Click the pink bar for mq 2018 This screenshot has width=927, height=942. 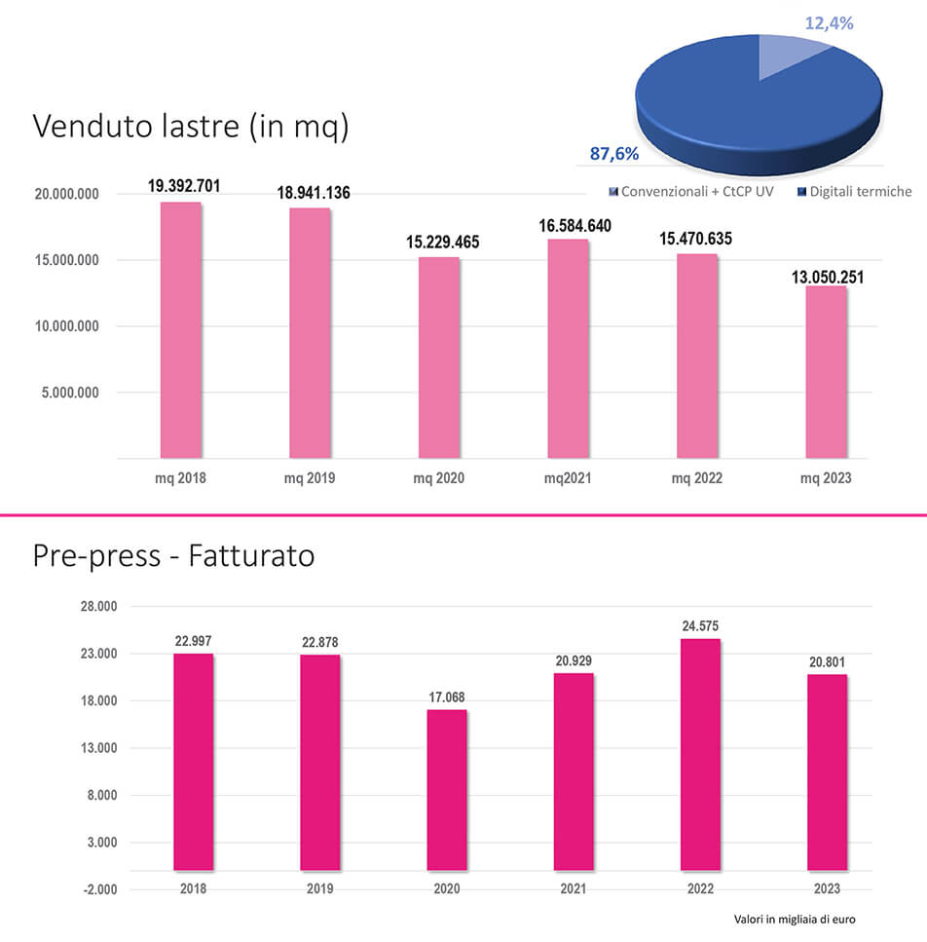tap(181, 329)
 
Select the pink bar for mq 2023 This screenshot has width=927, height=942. tap(827, 371)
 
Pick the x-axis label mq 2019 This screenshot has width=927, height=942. tap(310, 478)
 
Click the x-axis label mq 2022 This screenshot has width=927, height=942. tap(697, 478)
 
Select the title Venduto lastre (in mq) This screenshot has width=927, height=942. tap(190, 127)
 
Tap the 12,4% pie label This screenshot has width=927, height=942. tap(829, 22)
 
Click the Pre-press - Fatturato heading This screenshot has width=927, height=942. tap(173, 556)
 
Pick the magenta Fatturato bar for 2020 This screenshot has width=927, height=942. tap(447, 789)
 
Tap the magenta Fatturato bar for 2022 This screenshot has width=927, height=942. tap(700, 754)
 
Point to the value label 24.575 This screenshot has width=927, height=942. tap(700, 625)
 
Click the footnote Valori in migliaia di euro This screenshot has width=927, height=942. tap(794, 919)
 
